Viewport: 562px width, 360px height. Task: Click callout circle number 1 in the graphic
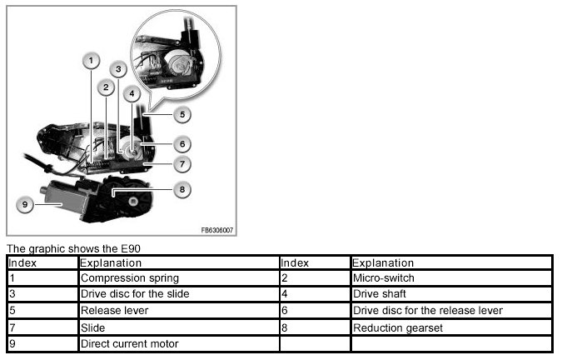pos(92,60)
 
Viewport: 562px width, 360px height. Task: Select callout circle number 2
pos(106,87)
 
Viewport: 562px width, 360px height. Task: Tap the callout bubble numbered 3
pos(119,69)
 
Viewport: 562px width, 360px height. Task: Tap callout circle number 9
pos(26,202)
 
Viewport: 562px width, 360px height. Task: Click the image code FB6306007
pos(217,229)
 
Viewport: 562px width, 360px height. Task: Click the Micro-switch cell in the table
pos(383,277)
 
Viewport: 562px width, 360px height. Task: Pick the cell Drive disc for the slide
pos(134,294)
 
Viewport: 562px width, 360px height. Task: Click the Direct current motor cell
pos(129,343)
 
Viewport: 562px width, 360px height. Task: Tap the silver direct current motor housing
pos(62,196)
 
